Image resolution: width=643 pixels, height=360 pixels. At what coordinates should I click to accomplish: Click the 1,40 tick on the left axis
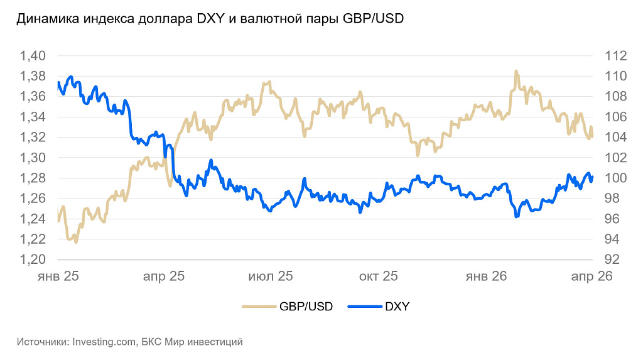point(33,56)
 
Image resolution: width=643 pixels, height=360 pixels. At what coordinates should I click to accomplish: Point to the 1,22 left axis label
point(33,239)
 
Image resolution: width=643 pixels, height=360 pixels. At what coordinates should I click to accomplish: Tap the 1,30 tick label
point(33,158)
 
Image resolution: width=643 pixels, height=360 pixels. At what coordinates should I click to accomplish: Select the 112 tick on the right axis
point(615,56)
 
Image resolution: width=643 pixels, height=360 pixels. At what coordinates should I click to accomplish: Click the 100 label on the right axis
point(615,178)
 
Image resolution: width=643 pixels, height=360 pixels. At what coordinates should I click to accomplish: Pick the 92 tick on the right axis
point(612,259)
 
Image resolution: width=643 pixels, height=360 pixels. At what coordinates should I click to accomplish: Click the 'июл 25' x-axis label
point(271,276)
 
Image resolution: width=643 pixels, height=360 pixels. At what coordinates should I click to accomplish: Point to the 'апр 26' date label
point(591,276)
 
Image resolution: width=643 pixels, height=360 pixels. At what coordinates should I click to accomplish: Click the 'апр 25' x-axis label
point(163,276)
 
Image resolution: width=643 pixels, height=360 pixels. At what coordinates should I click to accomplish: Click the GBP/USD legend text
point(306,307)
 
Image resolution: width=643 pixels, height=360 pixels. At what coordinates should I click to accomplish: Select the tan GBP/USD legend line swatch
point(259,307)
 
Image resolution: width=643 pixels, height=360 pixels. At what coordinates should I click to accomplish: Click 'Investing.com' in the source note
point(104,342)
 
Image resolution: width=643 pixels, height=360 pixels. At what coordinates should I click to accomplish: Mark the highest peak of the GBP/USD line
point(516,71)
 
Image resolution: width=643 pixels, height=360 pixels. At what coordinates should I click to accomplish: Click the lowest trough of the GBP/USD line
point(76,242)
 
